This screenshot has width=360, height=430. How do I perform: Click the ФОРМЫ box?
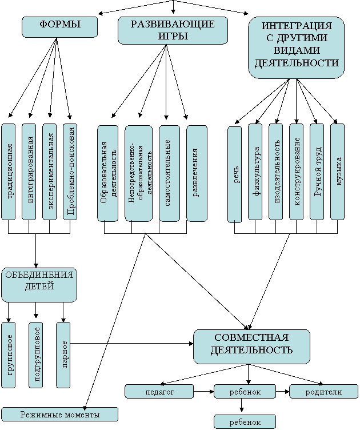point(59,27)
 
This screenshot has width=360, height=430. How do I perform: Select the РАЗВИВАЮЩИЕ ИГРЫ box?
point(173,30)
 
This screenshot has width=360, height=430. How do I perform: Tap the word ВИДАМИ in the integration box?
point(297,50)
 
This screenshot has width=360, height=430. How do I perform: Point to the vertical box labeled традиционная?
point(8,172)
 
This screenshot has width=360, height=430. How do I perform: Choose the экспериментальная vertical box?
point(49,172)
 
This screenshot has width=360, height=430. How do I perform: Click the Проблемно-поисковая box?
point(70,172)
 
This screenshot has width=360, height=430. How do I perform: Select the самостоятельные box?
point(169,173)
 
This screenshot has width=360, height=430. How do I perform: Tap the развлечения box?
point(197,173)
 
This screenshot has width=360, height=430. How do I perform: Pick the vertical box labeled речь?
point(235,174)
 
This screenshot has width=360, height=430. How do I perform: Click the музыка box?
point(338,172)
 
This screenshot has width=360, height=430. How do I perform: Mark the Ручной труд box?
point(317,172)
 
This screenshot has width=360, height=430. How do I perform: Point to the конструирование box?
point(297,172)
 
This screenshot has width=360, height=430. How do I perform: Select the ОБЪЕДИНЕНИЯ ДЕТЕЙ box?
point(39,285)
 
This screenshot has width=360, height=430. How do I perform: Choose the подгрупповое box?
point(36,355)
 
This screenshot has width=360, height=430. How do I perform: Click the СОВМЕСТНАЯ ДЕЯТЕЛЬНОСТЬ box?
point(252,347)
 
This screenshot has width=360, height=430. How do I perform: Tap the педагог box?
point(159,391)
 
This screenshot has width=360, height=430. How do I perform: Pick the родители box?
point(324,391)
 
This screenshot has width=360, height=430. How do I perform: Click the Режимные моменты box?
point(60,414)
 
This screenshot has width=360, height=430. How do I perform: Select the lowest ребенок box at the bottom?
point(245,422)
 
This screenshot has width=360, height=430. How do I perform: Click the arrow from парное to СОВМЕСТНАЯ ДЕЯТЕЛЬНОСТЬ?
point(132,343)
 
